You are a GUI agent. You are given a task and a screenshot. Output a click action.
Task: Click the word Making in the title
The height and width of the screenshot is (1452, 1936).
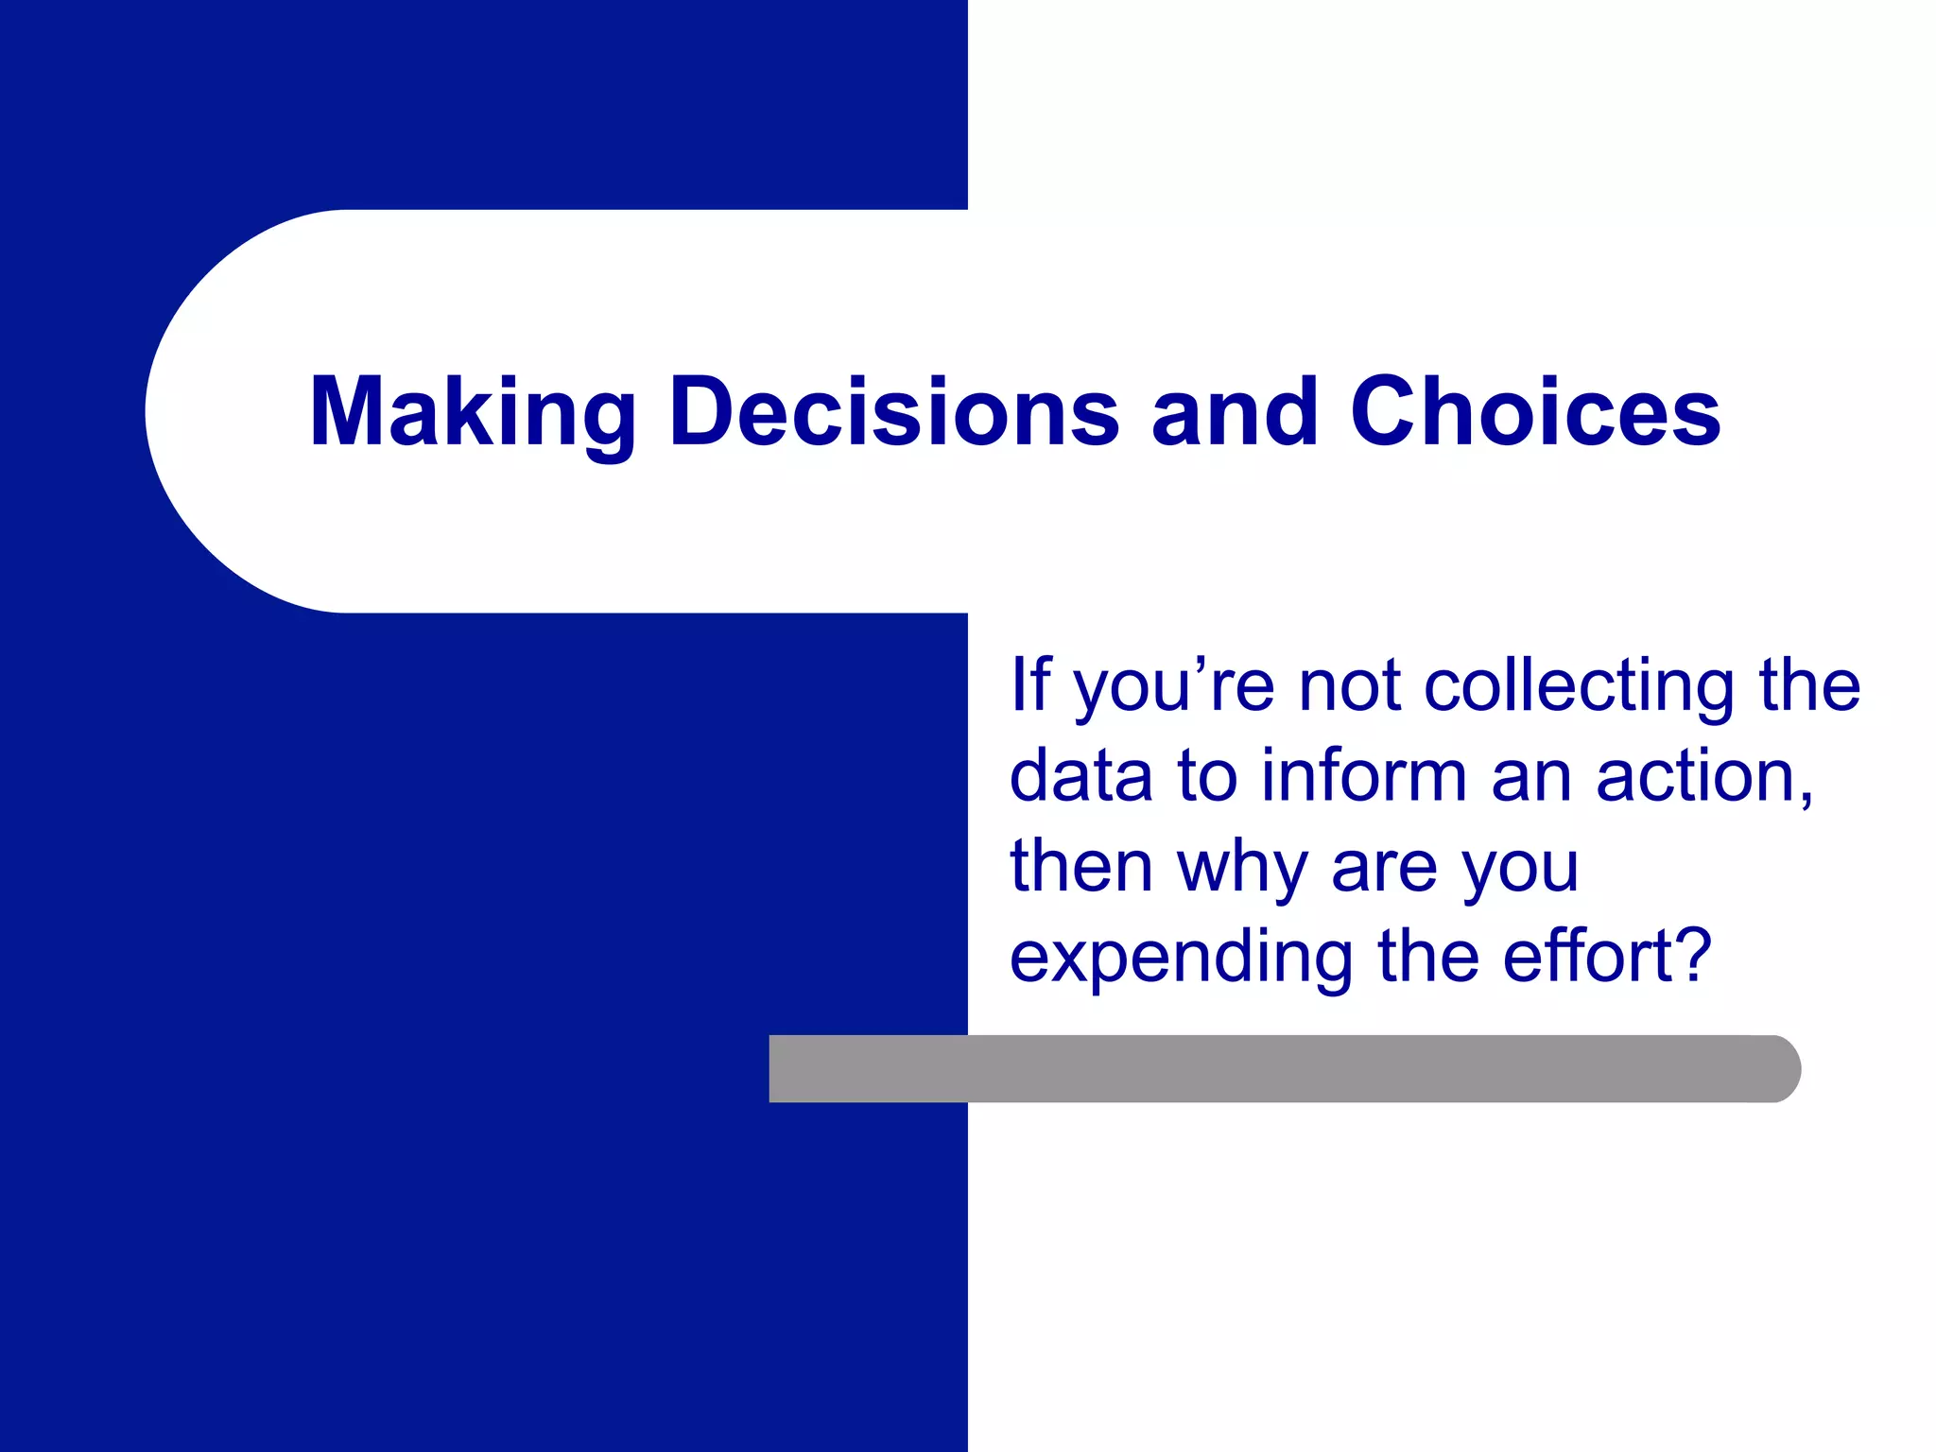point(473,412)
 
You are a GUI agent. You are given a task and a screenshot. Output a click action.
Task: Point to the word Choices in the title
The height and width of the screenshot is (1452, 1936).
point(1535,412)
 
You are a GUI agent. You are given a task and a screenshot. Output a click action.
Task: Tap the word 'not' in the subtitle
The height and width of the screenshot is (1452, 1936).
point(1350,685)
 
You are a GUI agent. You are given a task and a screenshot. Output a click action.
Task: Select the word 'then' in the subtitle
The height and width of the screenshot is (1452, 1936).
point(1080,866)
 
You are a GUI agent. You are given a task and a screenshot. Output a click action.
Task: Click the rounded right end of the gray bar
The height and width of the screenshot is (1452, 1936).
point(1782,1068)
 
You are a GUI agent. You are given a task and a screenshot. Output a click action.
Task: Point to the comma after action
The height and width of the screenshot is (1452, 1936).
point(1806,800)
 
